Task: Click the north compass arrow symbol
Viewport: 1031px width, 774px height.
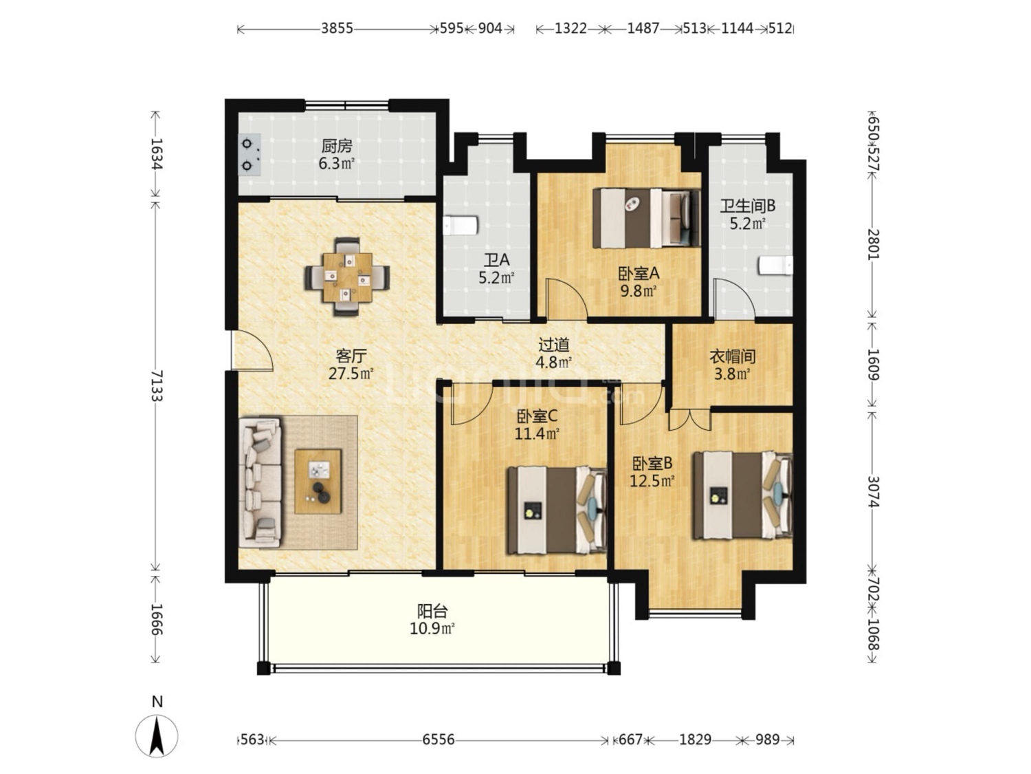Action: [157, 736]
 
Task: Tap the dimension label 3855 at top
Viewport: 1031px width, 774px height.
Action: [337, 29]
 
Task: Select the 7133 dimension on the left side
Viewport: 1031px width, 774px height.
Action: [157, 385]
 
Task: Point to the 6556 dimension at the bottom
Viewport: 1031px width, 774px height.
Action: [439, 740]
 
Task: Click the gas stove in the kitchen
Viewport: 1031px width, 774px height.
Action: [250, 155]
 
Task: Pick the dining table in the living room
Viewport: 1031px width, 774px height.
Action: [346, 277]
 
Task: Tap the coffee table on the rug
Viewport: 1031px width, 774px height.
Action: [318, 481]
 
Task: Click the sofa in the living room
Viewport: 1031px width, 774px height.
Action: [260, 482]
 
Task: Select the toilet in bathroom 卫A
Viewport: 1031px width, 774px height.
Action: [461, 226]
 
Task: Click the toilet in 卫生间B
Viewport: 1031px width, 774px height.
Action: [775, 266]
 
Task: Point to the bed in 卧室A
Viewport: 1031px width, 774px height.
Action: [646, 218]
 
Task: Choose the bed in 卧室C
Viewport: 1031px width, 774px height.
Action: [557, 510]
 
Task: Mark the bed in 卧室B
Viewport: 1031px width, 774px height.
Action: [743, 495]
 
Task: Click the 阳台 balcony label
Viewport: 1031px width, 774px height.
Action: [432, 612]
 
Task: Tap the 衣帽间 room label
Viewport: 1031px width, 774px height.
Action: [732, 356]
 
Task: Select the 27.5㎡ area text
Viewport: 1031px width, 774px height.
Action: [351, 374]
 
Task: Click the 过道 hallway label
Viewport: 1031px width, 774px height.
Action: [553, 345]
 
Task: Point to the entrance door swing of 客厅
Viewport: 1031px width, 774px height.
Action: [252, 350]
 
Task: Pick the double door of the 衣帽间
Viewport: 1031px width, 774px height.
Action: [689, 419]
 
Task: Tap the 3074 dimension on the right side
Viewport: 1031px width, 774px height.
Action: [873, 492]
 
